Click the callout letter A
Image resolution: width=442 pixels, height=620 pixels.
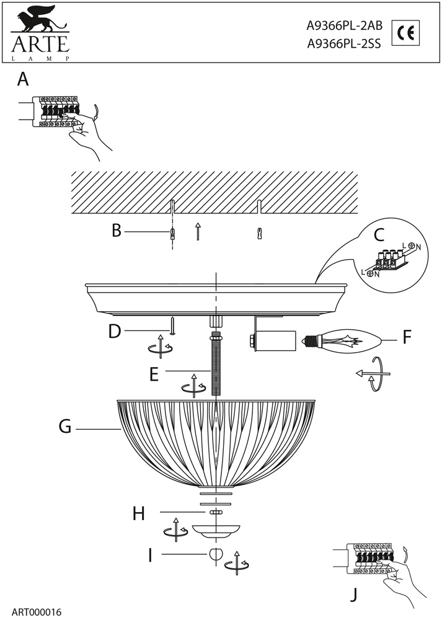(x=23, y=79)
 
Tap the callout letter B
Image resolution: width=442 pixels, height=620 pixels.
(x=117, y=231)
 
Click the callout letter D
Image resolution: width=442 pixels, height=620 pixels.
(x=114, y=332)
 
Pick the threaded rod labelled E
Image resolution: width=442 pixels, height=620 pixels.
(x=216, y=366)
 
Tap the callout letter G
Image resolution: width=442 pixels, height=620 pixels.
(x=66, y=428)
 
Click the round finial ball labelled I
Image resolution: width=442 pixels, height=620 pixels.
(x=216, y=554)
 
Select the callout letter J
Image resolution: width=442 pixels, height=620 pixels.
(x=354, y=596)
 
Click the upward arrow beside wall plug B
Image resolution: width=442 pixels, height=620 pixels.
(x=197, y=231)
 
